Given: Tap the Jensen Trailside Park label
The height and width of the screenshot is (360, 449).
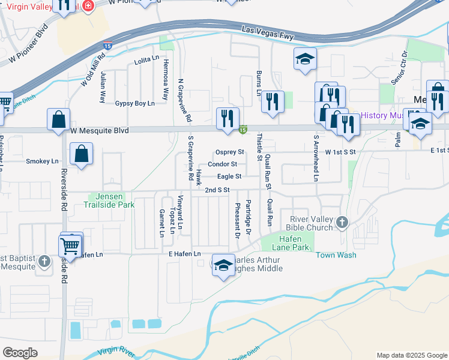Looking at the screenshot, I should pyautogui.click(x=112, y=200).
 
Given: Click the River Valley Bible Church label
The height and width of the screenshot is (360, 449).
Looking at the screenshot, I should pyautogui.click(x=311, y=223).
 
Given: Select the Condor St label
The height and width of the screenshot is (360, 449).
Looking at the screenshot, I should pyautogui.click(x=222, y=164).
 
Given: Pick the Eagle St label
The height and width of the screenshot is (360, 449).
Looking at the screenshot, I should pyautogui.click(x=229, y=176).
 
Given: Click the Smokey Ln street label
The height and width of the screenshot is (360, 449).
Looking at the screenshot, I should pyautogui.click(x=42, y=161).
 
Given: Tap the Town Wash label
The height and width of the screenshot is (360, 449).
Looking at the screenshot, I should pyautogui.click(x=336, y=255).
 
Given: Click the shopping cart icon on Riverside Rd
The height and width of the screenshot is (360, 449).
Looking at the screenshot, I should pyautogui.click(x=70, y=246).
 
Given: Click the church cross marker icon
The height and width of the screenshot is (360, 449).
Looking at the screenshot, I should pyautogui.click(x=342, y=222).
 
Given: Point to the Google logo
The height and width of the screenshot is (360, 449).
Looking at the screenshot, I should pyautogui.click(x=20, y=353).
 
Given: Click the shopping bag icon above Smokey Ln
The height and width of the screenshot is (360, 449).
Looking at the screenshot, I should pyautogui.click(x=81, y=153).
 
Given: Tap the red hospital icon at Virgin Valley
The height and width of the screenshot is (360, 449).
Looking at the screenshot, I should pyautogui.click(x=88, y=5).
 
